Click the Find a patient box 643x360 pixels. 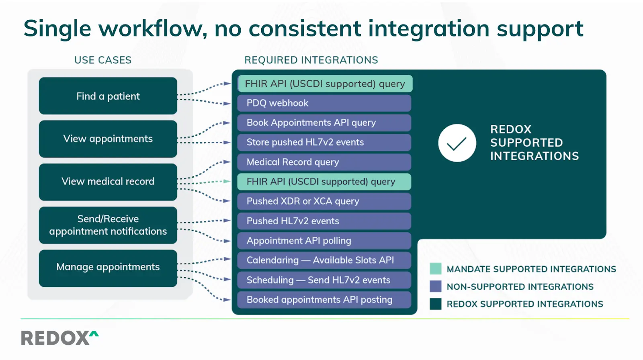pyautogui.click(x=108, y=96)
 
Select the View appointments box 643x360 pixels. pyautogui.click(x=108, y=139)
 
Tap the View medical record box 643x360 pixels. pyautogui.click(x=108, y=182)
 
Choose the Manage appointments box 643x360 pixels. pyautogui.click(x=108, y=268)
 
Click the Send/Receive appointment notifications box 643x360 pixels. pyautogui.click(x=108, y=225)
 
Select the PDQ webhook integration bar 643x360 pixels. pyautogui.click(x=324, y=103)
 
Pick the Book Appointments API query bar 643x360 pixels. pyautogui.click(x=324, y=123)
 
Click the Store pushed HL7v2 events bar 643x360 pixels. pyautogui.click(x=324, y=143)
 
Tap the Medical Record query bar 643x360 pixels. pyautogui.click(x=324, y=162)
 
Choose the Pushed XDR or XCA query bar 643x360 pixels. pyautogui.click(x=324, y=201)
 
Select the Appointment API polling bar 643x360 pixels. pyautogui.click(x=324, y=241)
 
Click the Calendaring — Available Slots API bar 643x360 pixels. pyautogui.click(x=324, y=260)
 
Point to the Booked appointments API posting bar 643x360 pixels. pyautogui.click(x=324, y=300)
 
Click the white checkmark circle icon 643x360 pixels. pyautogui.click(x=457, y=143)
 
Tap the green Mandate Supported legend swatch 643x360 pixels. pyautogui.click(x=435, y=269)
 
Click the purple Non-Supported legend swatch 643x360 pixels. pyautogui.click(x=435, y=286)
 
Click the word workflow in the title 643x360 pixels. pyautogui.click(x=153, y=29)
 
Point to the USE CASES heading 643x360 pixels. pyautogui.click(x=102, y=60)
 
